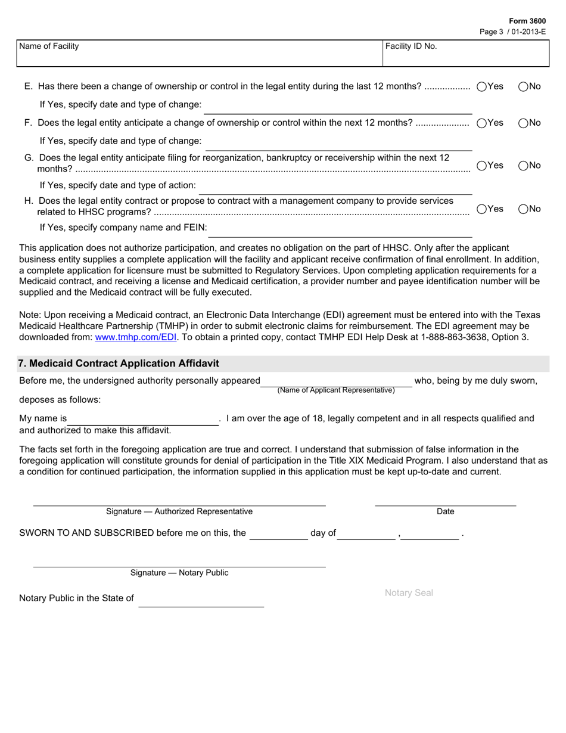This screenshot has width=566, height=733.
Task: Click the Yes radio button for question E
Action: coord(482,86)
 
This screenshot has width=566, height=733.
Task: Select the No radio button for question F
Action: coord(523,123)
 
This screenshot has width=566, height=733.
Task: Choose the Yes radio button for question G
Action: coord(482,166)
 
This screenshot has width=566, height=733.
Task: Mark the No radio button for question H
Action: coord(523,209)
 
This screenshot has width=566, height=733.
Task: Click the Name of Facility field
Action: coord(200,54)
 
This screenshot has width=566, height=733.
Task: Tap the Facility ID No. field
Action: coord(465,54)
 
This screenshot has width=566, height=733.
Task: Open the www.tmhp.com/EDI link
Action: coord(136,337)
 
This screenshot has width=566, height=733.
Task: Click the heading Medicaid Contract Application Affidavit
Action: coord(119,364)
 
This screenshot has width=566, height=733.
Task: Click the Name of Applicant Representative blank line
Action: coord(336,381)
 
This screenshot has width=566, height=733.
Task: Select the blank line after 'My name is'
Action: coord(143,419)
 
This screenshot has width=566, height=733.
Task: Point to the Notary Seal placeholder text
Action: coord(409,593)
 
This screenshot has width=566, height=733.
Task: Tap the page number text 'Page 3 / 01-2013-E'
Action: coord(512,32)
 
